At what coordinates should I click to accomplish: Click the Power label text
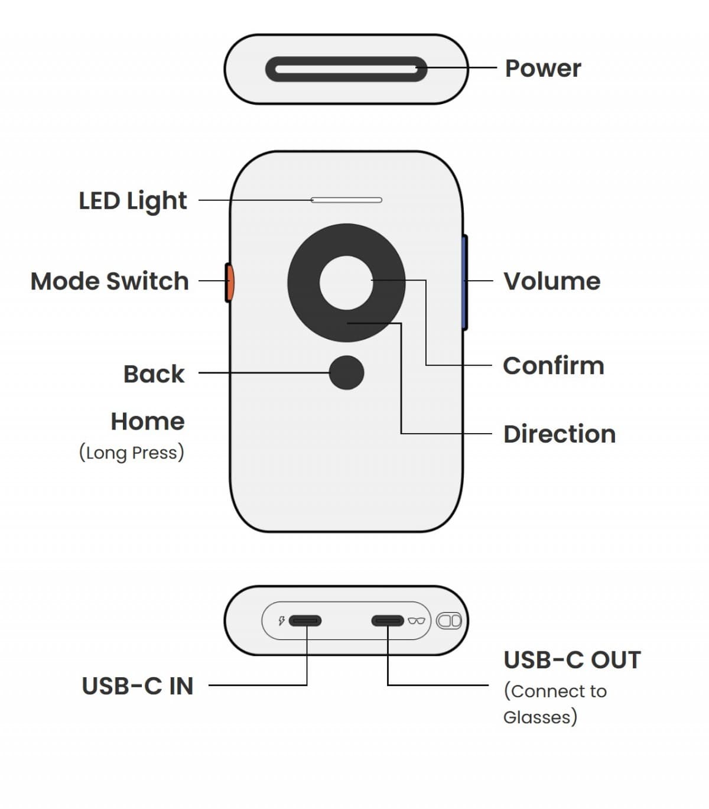tap(542, 69)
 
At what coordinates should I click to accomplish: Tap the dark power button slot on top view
tap(346, 69)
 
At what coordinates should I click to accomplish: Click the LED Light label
tap(133, 201)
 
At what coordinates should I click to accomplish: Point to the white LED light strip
tap(347, 200)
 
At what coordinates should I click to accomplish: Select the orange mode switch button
tap(229, 282)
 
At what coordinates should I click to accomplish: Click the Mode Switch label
tap(109, 281)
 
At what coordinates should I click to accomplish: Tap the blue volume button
tap(464, 282)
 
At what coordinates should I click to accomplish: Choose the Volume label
tap(552, 281)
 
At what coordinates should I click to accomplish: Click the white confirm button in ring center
tap(346, 282)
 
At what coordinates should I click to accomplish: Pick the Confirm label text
tap(554, 366)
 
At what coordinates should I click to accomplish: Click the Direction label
tap(560, 434)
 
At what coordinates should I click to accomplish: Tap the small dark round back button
tap(346, 373)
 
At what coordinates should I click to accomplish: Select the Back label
tap(154, 374)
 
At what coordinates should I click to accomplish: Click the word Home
tap(148, 421)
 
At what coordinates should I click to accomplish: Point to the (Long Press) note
tap(131, 453)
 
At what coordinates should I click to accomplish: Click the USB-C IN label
tap(138, 686)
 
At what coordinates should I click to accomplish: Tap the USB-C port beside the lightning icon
tap(305, 620)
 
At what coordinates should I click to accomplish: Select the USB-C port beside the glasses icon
tap(388, 620)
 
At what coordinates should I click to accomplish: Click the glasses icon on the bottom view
tap(417, 620)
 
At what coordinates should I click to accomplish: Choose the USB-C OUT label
tap(572, 660)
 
